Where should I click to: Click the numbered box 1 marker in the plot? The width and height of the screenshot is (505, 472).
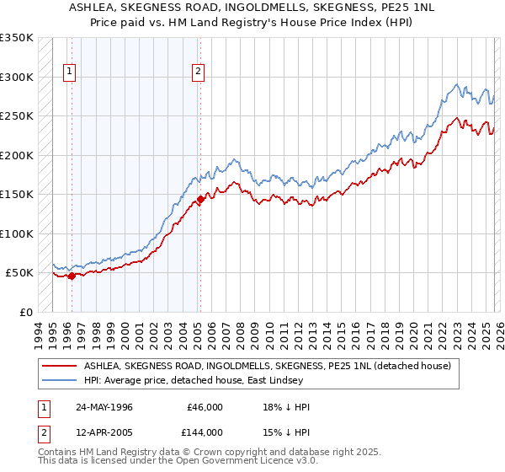coord(68,72)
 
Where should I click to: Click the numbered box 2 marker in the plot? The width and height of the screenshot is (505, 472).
coord(197,72)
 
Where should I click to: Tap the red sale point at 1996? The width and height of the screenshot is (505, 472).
coord(72,276)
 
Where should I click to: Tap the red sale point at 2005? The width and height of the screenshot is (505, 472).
coord(200,200)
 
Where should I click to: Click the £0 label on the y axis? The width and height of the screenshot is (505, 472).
coord(25,312)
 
